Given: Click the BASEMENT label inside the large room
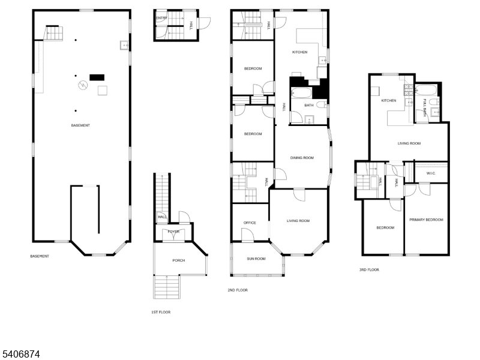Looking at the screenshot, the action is (80, 125).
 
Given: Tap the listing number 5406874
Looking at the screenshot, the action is (20, 354).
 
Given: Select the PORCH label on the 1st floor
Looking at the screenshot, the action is (178, 260).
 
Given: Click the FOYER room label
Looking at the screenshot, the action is (173, 232).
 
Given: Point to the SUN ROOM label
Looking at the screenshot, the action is (256, 259).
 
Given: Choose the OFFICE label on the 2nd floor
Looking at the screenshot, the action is (250, 223).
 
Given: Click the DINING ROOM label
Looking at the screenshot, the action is (302, 158).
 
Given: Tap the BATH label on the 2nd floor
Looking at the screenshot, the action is (309, 106).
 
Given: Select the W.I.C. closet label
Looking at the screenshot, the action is (431, 173).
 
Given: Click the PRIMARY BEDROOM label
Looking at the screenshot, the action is (427, 220).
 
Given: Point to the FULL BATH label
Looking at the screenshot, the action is (425, 107).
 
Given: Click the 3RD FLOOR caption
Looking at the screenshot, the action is (369, 269).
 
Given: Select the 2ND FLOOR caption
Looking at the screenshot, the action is (238, 290).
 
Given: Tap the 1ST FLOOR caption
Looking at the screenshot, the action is (161, 312).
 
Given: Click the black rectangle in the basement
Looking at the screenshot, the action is (97, 77).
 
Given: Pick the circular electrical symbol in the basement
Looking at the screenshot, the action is (83, 85).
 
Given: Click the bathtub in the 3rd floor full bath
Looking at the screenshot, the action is (426, 90).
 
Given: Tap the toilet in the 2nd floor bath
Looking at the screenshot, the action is (322, 105).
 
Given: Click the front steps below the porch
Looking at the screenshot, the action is (167, 287).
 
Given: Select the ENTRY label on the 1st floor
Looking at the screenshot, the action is (161, 18).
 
